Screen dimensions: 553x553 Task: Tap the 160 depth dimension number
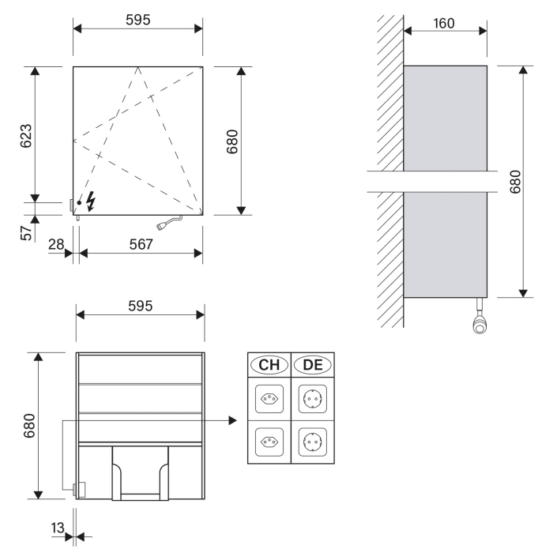point(444,23)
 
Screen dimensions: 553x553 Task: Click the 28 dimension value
point(56,244)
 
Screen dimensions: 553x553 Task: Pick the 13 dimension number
point(56,528)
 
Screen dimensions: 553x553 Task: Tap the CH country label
point(269,364)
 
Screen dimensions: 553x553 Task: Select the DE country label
point(312,364)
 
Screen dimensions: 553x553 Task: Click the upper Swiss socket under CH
point(269,399)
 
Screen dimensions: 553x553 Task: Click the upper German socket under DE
point(312,399)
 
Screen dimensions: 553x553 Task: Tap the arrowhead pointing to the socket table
point(232,421)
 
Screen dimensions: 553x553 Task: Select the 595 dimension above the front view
point(139,20)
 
